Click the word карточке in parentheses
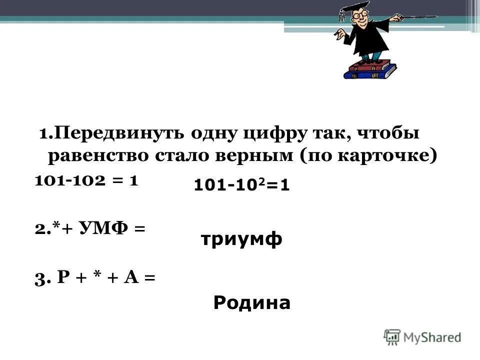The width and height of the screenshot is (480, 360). (x=384, y=156)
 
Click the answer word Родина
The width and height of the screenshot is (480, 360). (x=251, y=302)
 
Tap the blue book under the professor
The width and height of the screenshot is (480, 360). (x=369, y=73)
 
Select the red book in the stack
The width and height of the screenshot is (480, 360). (x=370, y=64)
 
